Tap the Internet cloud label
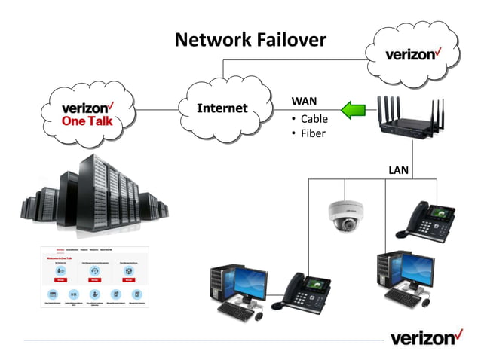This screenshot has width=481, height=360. click(x=222, y=108)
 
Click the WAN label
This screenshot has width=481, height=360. click(x=304, y=101)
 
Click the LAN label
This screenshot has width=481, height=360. click(x=398, y=170)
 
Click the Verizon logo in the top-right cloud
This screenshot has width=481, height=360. click(x=412, y=55)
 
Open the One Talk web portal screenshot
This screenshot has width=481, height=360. click(x=95, y=276)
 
